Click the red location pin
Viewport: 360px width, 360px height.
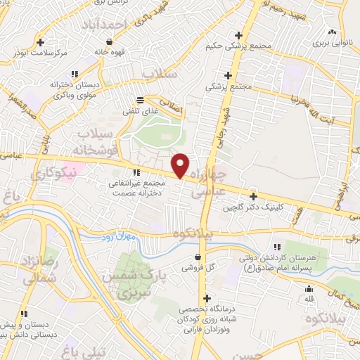pyautogui.click(x=181, y=165)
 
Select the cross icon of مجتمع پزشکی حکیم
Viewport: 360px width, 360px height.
pyautogui.click(x=239, y=34)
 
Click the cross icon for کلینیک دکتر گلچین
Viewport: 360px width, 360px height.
pyautogui.click(x=253, y=196)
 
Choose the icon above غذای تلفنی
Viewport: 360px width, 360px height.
pyautogui.click(x=141, y=98)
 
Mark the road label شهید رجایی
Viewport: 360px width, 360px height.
pyautogui.click(x=224, y=124)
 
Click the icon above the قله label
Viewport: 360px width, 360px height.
pyautogui.click(x=308, y=288)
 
